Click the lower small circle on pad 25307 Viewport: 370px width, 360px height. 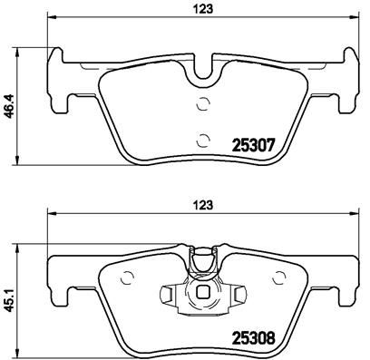pos(203,138)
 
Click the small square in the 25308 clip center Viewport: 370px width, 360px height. pos(204,292)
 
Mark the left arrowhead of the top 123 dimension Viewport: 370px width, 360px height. pos(48,19)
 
